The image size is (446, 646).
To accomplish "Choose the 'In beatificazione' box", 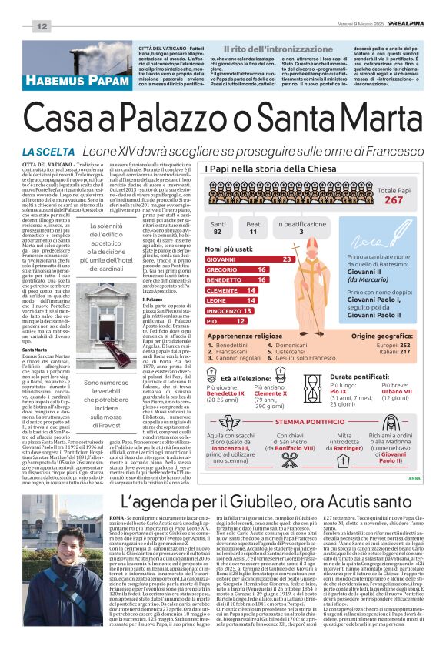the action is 301,227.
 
